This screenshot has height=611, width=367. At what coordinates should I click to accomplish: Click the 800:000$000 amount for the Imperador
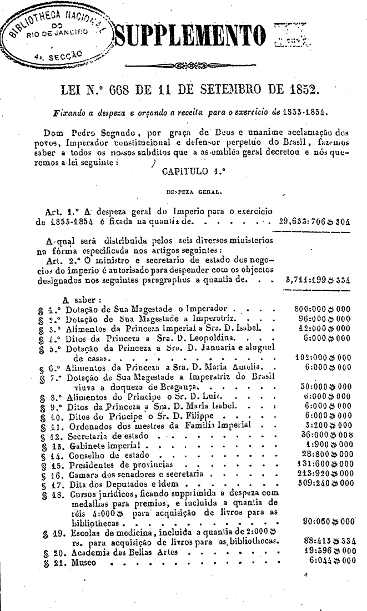coord(323,306)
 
